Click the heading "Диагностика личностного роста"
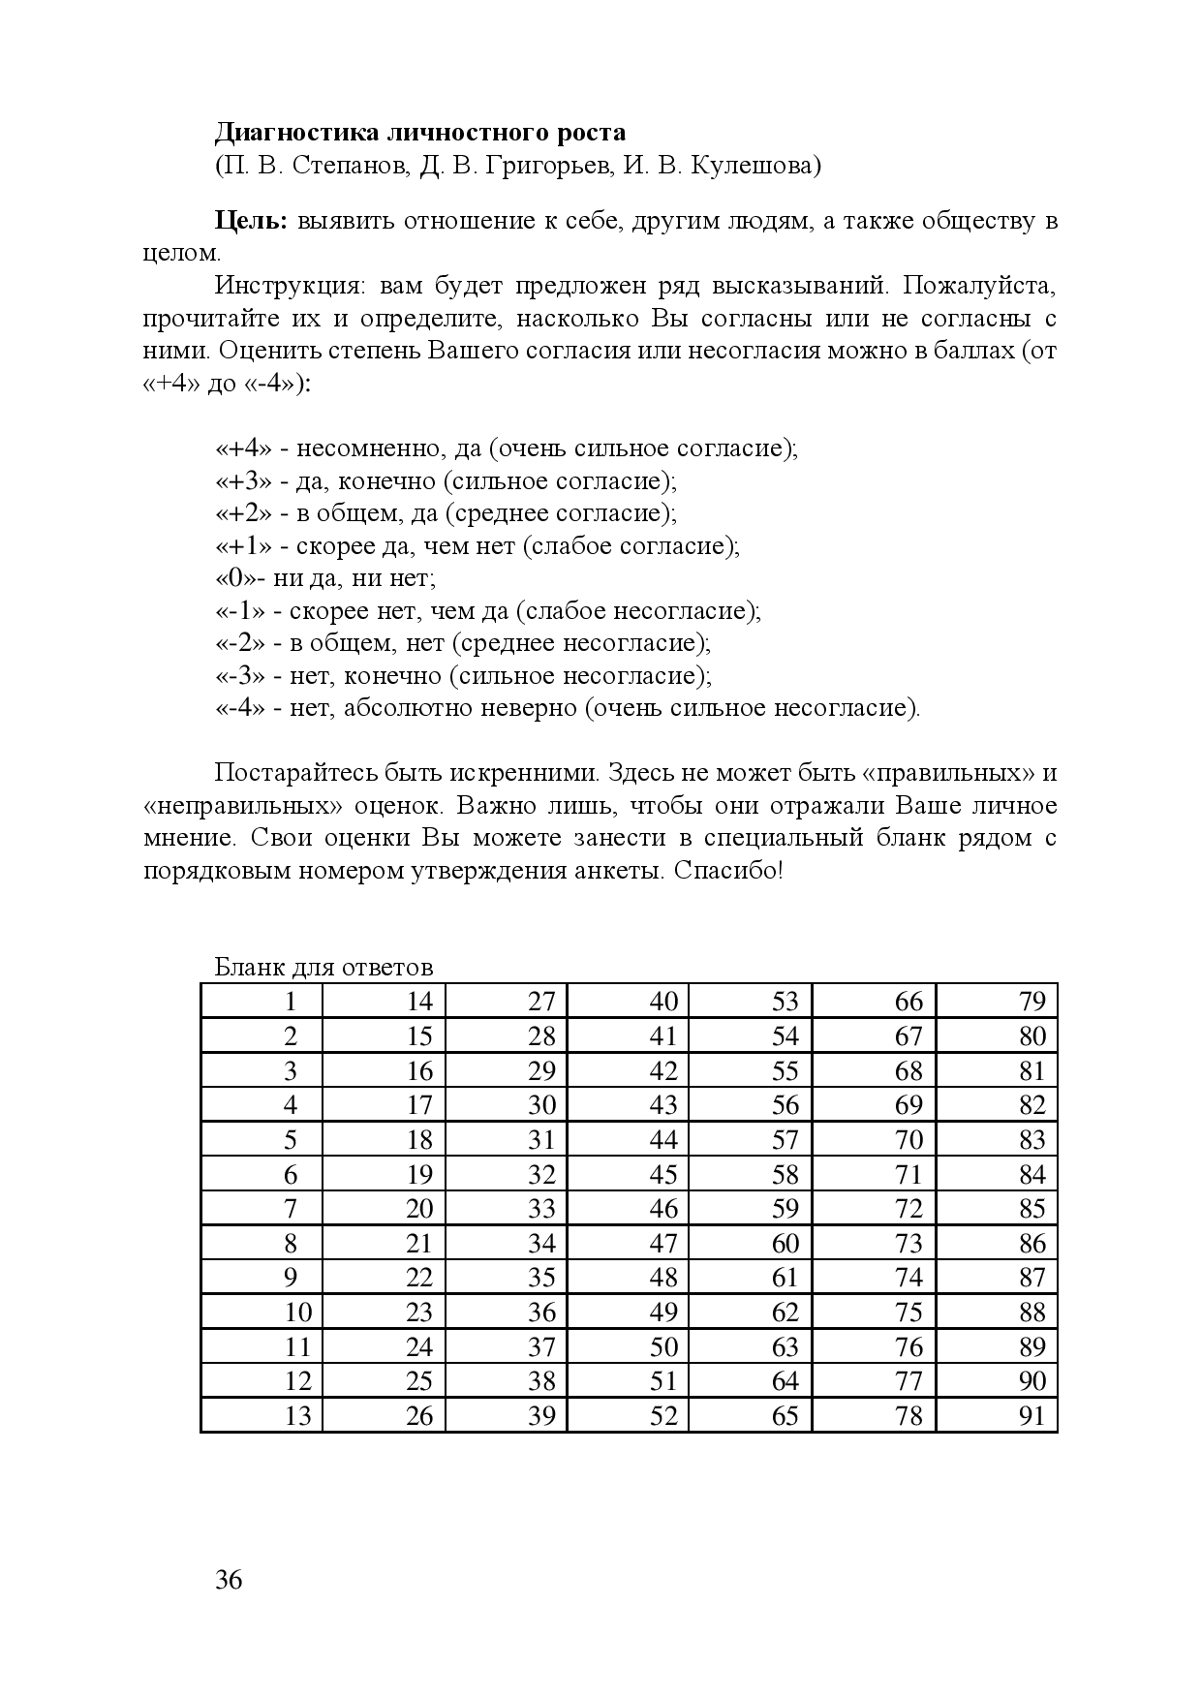(420, 133)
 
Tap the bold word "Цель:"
(251, 221)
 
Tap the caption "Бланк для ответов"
(323, 968)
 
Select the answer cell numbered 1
(262, 1002)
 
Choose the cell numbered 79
(997, 1002)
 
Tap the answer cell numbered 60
(751, 1243)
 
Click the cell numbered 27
(507, 1002)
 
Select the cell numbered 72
(874, 1208)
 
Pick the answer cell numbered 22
(385, 1277)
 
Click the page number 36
(229, 1581)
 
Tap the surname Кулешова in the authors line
(754, 167)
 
